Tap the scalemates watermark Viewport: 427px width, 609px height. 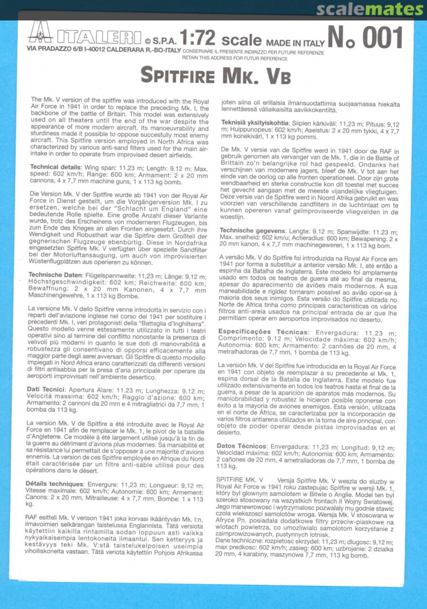point(369,10)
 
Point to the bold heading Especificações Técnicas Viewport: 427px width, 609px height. point(263,332)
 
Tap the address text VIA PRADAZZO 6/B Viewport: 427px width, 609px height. point(55,50)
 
